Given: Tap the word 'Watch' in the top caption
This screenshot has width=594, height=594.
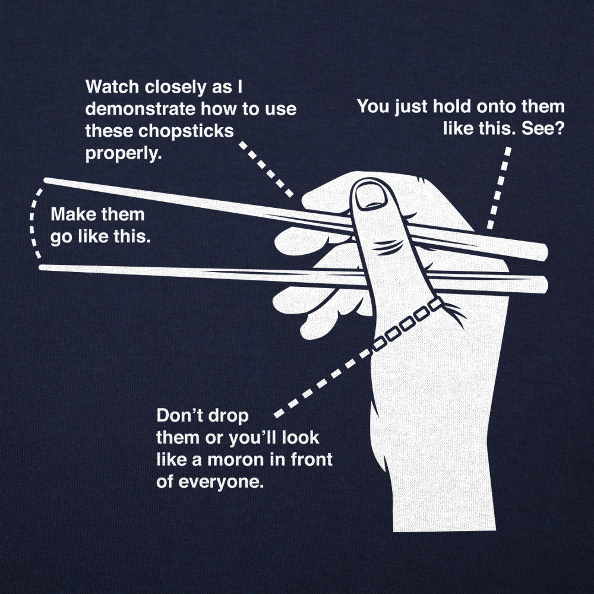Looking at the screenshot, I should [x=112, y=87].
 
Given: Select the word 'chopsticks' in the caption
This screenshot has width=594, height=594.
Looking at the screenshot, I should [x=192, y=130].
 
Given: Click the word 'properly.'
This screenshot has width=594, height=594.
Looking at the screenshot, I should [x=124, y=153].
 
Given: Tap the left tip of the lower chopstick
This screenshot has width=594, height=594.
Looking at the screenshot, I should [x=43, y=268].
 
